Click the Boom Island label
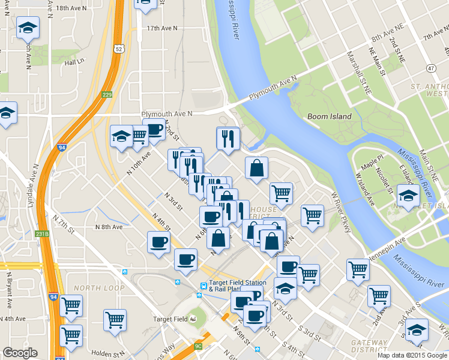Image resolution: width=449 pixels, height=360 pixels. (x=329, y=116)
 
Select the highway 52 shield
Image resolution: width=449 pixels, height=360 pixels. (x=120, y=49)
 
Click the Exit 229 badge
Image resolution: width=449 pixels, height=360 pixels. (x=107, y=94)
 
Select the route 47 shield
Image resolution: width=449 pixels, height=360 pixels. (x=431, y=68)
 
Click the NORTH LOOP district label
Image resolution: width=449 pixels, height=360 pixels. (x=98, y=288)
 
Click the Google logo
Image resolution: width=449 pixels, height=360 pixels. (x=20, y=353)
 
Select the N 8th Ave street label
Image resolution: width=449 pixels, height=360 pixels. (x=109, y=227)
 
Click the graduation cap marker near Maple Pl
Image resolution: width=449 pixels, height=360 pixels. (x=408, y=195)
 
